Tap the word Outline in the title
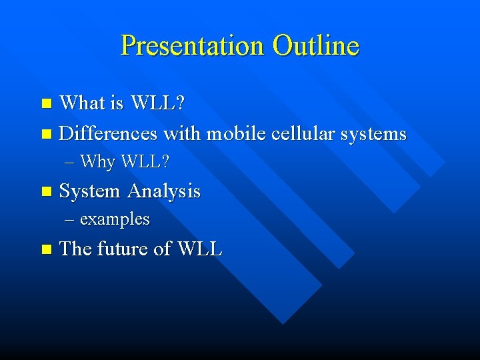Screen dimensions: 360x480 [315, 46]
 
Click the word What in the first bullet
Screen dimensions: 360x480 [82, 103]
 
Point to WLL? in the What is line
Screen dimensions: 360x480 [158, 103]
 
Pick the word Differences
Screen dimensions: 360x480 [108, 133]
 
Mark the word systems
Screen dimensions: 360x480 [373, 134]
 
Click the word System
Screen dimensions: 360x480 [90, 191]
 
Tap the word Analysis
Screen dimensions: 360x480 [164, 191]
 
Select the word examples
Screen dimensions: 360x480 [115, 219]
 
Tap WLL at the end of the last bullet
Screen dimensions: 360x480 [199, 249]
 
